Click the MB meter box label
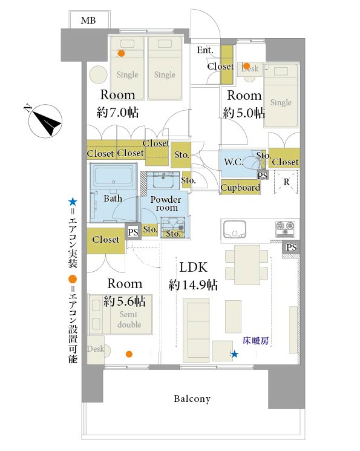[88, 21]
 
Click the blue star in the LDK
[235, 354]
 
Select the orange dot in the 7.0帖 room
[122, 53]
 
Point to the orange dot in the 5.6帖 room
[129, 354]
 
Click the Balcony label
[192, 399]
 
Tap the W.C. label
[234, 162]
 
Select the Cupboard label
[240, 188]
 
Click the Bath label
[113, 199]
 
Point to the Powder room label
[166, 203]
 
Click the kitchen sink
[235, 229]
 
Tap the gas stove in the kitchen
[285, 229]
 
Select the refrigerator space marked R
[286, 182]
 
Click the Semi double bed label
[129, 319]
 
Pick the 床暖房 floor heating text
[255, 341]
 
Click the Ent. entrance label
[205, 50]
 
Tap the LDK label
[193, 268]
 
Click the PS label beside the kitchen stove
[291, 247]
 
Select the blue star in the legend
[73, 202]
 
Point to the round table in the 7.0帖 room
[99, 75]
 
